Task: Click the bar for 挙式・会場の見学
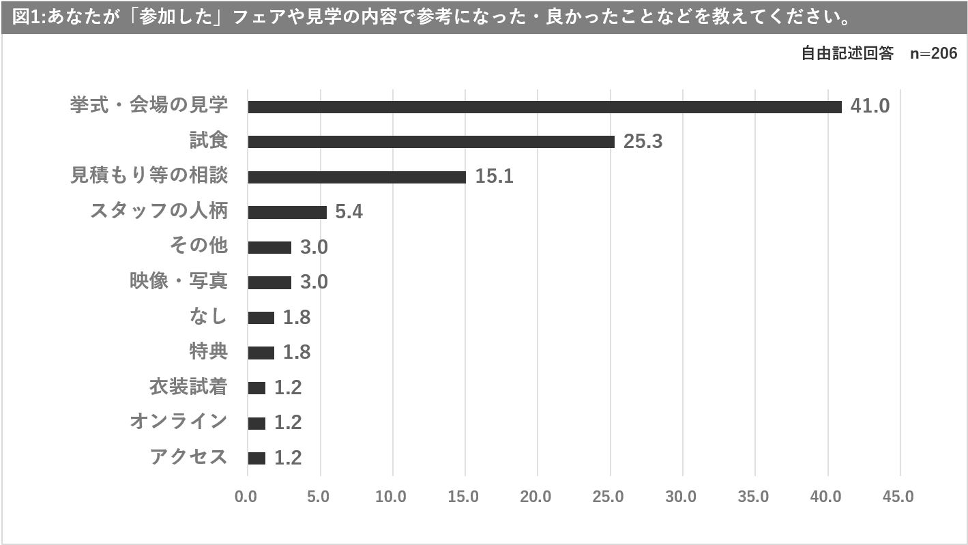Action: [x=544, y=106]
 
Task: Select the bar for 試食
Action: [x=431, y=142]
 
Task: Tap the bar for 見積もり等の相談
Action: [x=357, y=177]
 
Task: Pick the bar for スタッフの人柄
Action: [x=287, y=212]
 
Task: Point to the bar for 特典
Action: [x=261, y=353]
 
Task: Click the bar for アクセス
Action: [x=256, y=458]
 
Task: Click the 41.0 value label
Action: [x=870, y=106]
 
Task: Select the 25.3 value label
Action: [x=643, y=142]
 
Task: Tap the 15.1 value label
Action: [x=494, y=177]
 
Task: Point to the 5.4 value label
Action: [x=349, y=212]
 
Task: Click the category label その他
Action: [x=198, y=246]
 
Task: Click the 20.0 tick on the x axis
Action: [x=536, y=497]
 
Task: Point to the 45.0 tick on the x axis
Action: [x=898, y=497]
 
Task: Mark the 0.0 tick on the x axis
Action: [x=246, y=497]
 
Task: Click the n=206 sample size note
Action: [x=933, y=54]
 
